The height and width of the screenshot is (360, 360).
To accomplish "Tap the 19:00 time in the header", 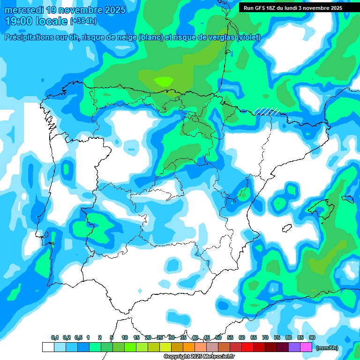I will [18, 21].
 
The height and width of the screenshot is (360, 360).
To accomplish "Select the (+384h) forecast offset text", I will [83, 21].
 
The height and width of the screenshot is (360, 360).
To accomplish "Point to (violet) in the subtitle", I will [249, 37].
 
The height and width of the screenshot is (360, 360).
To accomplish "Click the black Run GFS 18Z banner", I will [292, 8].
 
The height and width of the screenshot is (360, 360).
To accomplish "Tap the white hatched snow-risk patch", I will [267, 111].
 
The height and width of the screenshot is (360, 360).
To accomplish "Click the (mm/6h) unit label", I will [327, 348].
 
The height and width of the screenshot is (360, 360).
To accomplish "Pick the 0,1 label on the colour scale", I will [54, 338].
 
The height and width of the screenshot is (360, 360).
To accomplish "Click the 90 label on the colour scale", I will [312, 338].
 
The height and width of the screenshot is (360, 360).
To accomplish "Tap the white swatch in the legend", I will [48, 347].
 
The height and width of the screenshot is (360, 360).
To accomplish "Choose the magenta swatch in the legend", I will [306, 347].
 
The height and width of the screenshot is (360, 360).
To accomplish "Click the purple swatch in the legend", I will [294, 347].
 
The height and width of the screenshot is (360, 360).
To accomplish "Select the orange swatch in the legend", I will [189, 347].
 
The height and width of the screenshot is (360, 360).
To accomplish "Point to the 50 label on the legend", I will [218, 338].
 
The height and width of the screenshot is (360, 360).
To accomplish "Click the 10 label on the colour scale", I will [125, 338].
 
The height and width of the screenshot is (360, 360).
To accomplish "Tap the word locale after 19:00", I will [52, 21].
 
